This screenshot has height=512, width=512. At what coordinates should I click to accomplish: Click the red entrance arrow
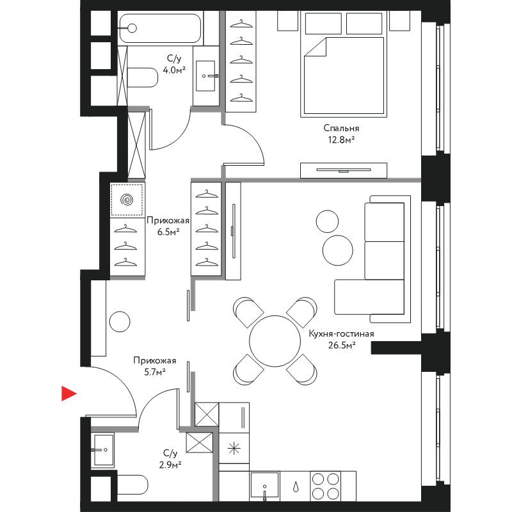pyautogui.click(x=68, y=393)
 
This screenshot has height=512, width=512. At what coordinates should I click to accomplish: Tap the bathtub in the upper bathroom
pyautogui.click(x=160, y=28)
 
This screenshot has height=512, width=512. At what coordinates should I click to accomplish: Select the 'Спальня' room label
pyautogui.click(x=341, y=128)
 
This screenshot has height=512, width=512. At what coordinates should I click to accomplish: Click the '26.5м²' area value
pyautogui.click(x=342, y=345)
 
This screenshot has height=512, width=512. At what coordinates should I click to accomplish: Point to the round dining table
pyautogui.click(x=275, y=341)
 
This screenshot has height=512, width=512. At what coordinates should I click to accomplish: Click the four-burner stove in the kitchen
pyautogui.click(x=326, y=486)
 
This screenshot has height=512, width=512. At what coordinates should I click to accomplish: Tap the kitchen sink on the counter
pyautogui.click(x=265, y=486)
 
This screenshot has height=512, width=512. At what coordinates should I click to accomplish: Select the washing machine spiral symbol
pyautogui.click(x=127, y=200)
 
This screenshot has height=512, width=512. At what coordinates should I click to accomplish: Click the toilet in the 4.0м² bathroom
pyautogui.click(x=142, y=77)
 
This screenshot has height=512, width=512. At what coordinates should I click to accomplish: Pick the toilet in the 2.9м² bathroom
pyautogui.click(x=132, y=484)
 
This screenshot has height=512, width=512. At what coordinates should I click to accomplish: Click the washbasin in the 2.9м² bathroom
pyautogui.click(x=102, y=450)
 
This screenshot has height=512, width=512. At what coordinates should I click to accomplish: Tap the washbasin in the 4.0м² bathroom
pyautogui.click(x=206, y=76)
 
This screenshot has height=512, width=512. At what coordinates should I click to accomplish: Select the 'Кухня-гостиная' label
pyautogui.click(x=341, y=333)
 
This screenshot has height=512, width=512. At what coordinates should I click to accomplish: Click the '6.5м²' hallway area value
pyautogui.click(x=168, y=232)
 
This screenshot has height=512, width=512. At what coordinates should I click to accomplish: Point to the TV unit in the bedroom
pyautogui.click(x=344, y=170)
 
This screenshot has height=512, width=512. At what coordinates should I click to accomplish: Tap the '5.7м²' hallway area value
pyautogui.click(x=155, y=372)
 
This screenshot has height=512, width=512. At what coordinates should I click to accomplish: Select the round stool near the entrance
pyautogui.click(x=120, y=321)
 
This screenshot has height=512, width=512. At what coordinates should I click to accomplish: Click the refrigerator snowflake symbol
pyautogui.click(x=234, y=449)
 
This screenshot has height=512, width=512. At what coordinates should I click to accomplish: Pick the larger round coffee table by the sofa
pyautogui.click(x=338, y=250)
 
